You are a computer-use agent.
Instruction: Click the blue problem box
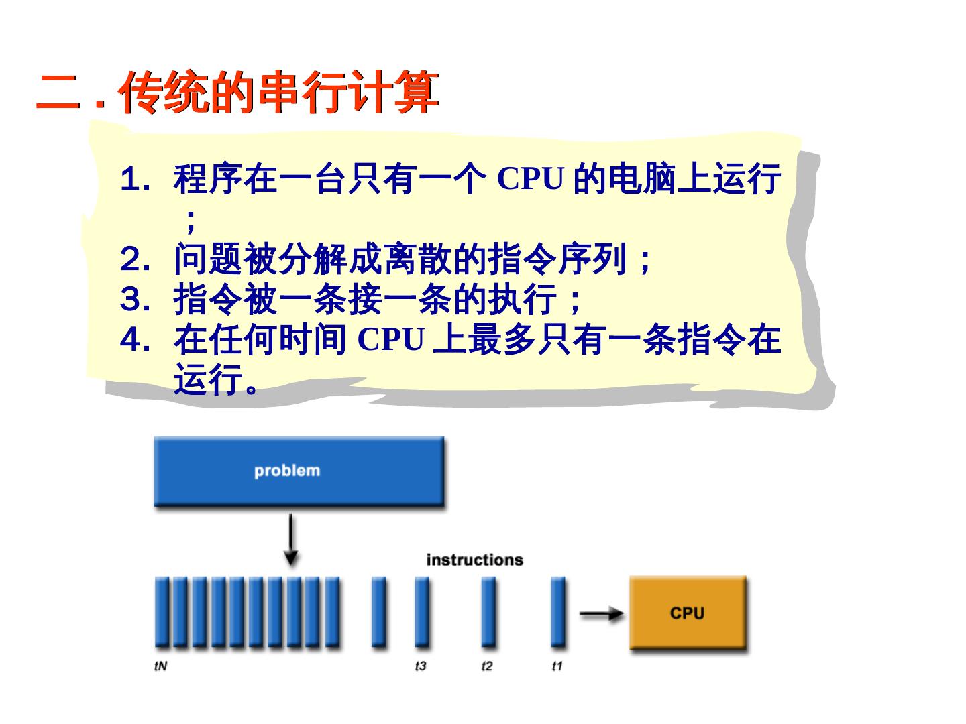(x=299, y=471)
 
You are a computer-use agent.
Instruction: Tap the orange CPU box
(x=687, y=613)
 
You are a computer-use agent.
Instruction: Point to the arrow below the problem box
(x=290, y=540)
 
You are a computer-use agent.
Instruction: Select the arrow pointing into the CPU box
(x=602, y=613)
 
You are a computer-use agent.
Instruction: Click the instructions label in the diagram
(x=474, y=560)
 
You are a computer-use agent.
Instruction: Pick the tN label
(x=160, y=666)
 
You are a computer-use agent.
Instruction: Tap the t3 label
(x=421, y=666)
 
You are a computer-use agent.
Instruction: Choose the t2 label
(x=487, y=666)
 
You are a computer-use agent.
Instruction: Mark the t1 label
(x=557, y=666)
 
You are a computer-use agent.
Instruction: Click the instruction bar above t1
(x=557, y=611)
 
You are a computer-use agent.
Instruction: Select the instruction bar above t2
(x=488, y=611)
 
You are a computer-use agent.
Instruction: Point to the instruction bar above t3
(x=421, y=611)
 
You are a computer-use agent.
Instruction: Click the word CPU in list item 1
(x=530, y=178)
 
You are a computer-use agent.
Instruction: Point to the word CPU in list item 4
(x=390, y=339)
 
